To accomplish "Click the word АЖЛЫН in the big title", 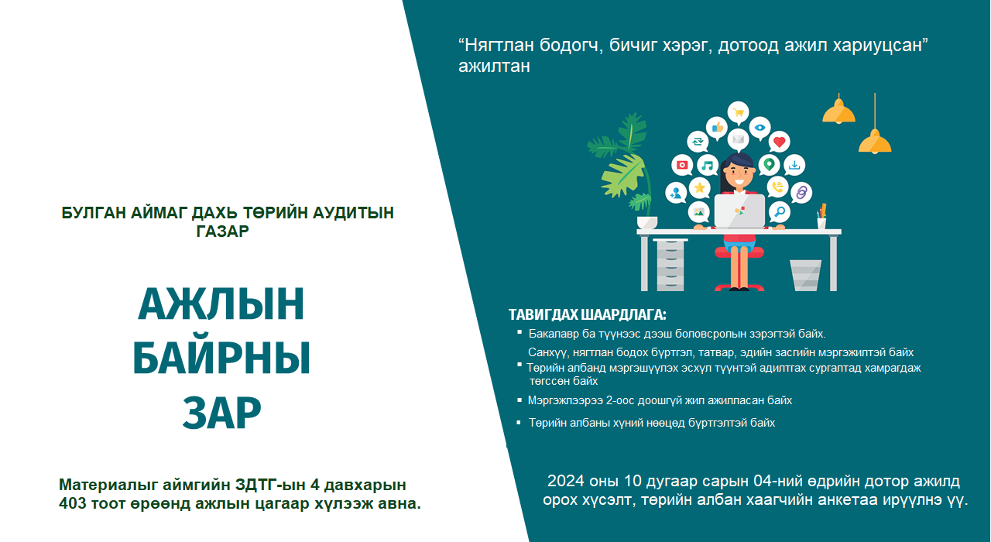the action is (221, 304).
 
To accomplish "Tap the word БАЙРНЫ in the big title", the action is (221, 358).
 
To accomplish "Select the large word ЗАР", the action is (221, 413).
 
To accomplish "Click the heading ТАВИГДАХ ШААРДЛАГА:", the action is (587, 314).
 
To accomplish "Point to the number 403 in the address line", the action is (73, 503).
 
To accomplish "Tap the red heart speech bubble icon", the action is (779, 142).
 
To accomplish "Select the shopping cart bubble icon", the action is (738, 112).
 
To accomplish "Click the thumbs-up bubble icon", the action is (717, 128).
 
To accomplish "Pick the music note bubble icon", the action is (708, 166).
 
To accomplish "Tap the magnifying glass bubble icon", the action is (779, 211).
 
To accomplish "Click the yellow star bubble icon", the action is (699, 188).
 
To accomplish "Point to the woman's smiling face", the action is (739, 174).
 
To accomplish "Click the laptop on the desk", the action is (739, 211).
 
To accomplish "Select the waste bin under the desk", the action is (806, 275).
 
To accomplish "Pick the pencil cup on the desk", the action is (821, 219).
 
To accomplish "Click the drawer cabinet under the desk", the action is (670, 265).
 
